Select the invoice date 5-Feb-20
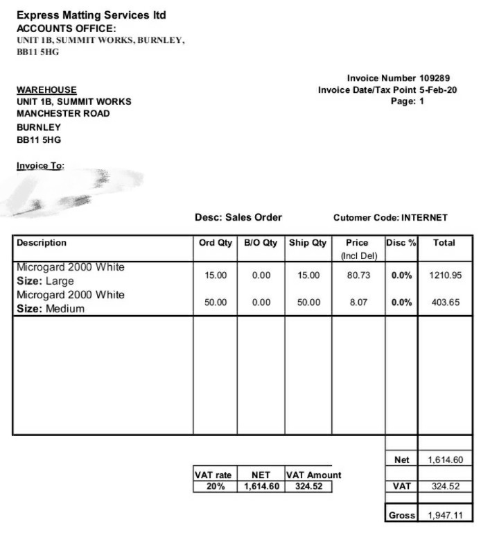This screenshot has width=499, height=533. click(438, 90)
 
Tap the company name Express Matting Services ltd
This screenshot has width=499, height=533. click(91, 15)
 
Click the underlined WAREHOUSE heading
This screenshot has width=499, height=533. click(46, 90)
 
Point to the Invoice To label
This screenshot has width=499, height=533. click(40, 166)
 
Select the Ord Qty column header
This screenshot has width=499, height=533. click(215, 243)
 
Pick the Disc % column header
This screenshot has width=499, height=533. click(401, 243)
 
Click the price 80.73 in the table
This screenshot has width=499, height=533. click(358, 276)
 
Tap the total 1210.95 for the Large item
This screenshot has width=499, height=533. click(445, 276)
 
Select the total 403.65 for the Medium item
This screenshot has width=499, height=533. click(446, 303)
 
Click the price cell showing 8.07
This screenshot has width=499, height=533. click(358, 303)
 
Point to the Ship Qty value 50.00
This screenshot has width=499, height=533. click(308, 303)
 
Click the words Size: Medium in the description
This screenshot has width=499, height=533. click(51, 309)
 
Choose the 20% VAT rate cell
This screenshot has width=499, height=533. click(215, 487)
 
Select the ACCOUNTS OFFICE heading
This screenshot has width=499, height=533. click(66, 28)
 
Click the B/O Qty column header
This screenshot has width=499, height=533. click(261, 243)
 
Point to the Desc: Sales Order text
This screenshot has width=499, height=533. click(238, 217)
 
